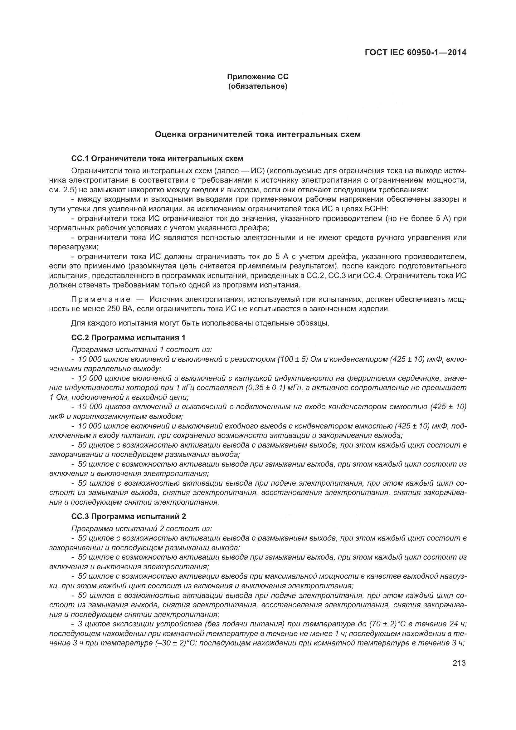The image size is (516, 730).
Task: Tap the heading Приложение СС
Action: point(257,77)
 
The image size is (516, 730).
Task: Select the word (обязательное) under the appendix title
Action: point(257,86)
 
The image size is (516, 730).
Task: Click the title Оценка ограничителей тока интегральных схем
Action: point(257,135)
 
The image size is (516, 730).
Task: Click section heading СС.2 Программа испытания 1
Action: point(128,337)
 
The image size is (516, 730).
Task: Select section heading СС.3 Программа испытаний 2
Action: point(128,517)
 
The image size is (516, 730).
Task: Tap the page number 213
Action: point(459,663)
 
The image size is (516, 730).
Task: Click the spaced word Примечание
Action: point(101,299)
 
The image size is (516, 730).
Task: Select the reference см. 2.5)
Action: point(63,190)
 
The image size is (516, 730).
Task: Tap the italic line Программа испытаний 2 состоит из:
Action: point(141,529)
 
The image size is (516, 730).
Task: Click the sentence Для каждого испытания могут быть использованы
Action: point(200,323)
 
